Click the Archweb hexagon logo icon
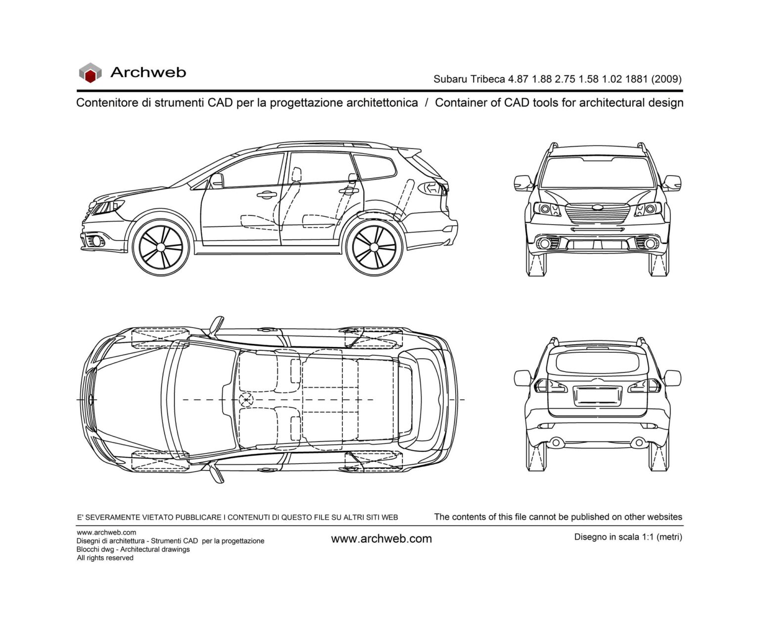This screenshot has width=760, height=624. [90, 73]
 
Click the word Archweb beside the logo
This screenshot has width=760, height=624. [148, 72]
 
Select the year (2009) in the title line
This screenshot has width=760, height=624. [666, 79]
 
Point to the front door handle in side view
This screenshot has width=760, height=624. [266, 194]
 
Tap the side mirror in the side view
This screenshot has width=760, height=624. [216, 181]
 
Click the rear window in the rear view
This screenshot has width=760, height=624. [597, 361]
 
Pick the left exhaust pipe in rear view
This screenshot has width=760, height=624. [556, 442]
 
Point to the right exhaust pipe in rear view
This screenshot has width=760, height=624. [638, 442]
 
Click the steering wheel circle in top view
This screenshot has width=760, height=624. [245, 399]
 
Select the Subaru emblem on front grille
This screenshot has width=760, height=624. [598, 207]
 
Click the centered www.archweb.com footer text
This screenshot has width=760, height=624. [381, 539]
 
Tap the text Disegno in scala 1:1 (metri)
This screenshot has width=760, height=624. [628, 537]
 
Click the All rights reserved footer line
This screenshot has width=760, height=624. [105, 558]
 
